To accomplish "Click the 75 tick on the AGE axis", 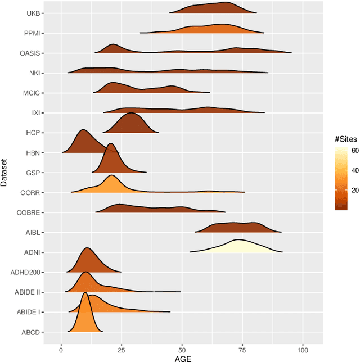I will click(x=243, y=349).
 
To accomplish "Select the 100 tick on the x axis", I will click(x=303, y=349).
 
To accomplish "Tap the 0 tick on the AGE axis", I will click(x=61, y=349).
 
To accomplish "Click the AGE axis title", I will click(x=182, y=358).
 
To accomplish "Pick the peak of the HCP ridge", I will click(x=131, y=114).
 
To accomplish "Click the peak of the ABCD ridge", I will click(x=85, y=293).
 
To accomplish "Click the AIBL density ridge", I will click(x=242, y=227).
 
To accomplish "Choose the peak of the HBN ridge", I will click(x=83, y=130).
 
